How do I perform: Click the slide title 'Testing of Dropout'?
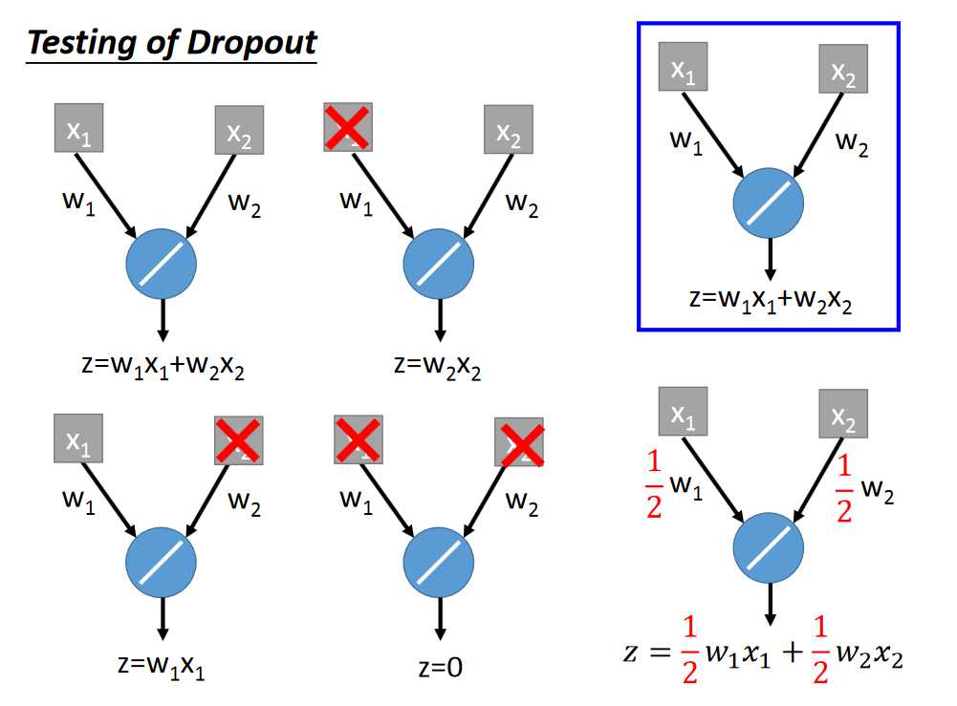point(171,43)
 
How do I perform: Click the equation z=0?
point(440,666)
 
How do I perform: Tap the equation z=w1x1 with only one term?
point(162,666)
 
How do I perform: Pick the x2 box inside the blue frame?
point(842,68)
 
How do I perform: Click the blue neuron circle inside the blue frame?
point(769,207)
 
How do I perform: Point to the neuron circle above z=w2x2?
point(439,264)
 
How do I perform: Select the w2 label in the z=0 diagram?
point(521,501)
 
